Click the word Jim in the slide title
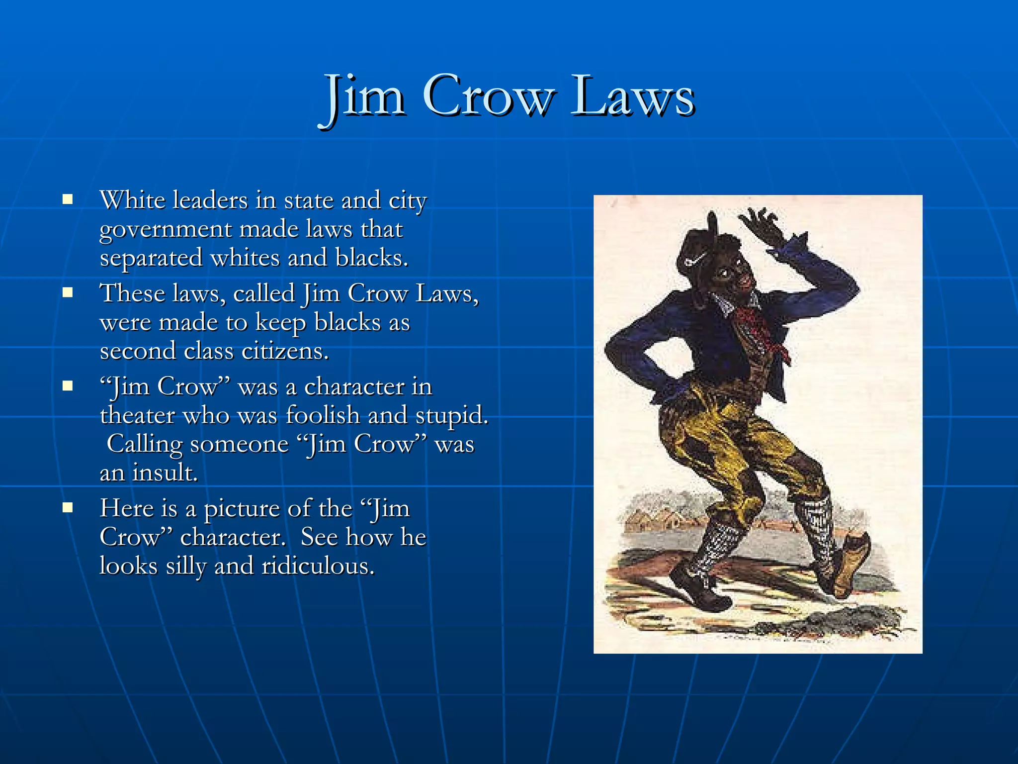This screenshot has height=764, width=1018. (x=365, y=95)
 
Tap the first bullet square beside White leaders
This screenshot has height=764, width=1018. (x=68, y=200)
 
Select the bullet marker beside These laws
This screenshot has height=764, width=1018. (x=68, y=292)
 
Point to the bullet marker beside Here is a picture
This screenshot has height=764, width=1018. (x=68, y=508)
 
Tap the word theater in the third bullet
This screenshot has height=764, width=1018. (x=137, y=415)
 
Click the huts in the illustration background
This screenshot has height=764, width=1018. (x=651, y=520)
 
